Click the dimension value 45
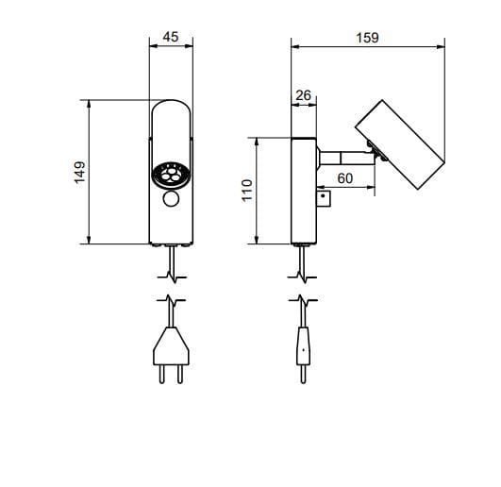pos(170,37)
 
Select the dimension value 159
pos(367,38)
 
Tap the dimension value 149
pos(80,172)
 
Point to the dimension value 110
pos(247,190)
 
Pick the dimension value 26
pos(303,95)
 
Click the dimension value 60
pos(345,178)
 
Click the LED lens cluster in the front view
pos(171,176)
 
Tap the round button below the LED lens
pos(171,198)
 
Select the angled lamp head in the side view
pos(400,144)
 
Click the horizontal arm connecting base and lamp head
pos(346,158)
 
